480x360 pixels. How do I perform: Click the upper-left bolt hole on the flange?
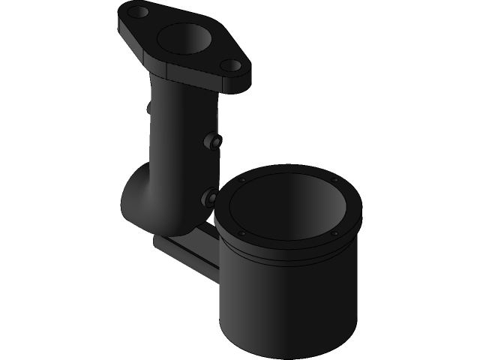pos(139,12)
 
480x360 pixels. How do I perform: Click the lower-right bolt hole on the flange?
pos(233,65)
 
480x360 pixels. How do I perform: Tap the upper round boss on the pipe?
pos(215,142)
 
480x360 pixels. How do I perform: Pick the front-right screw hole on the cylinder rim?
pos(334,233)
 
